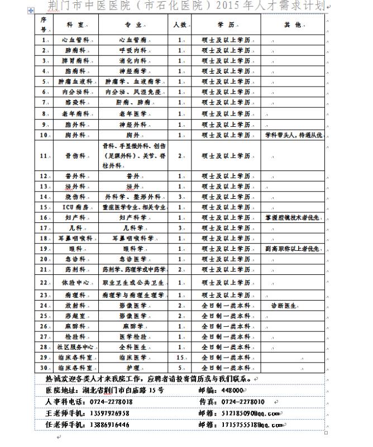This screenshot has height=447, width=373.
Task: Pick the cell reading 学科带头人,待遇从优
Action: point(293,136)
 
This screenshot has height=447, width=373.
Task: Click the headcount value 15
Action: point(180,357)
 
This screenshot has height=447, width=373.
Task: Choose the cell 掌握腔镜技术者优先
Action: point(293,217)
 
